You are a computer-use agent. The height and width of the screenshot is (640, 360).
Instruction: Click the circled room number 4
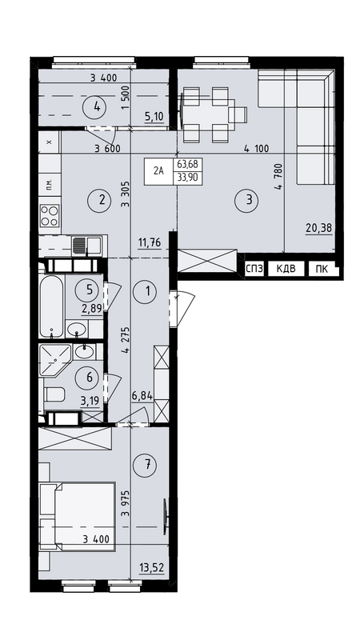point(97,107)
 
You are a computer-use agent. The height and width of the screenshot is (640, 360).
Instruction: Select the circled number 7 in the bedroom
point(148,464)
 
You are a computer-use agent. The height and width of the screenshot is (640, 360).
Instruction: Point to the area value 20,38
point(318,228)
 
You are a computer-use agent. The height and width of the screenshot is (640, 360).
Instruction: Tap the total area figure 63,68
point(188,165)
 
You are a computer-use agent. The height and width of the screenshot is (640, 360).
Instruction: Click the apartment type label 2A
point(158,171)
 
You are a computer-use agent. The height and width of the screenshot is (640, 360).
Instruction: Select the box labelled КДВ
point(286,269)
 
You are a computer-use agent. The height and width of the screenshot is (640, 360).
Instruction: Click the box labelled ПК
point(321,269)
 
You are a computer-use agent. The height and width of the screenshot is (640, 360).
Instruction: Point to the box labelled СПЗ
point(254,269)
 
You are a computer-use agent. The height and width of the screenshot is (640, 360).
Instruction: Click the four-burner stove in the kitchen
point(50,215)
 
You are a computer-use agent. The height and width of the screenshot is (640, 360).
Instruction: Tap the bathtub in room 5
point(51,305)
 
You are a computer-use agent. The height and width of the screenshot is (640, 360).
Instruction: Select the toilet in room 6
point(54,394)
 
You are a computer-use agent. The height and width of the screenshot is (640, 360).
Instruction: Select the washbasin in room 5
point(77,329)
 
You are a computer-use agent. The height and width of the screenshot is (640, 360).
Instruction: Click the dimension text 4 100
point(256,149)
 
